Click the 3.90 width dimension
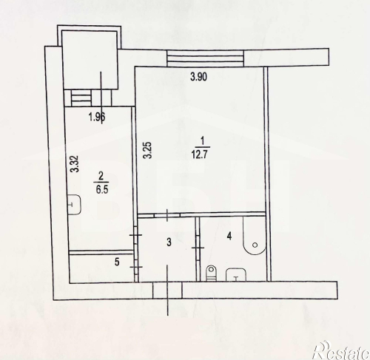(198, 77)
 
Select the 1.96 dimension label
(97, 117)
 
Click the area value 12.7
(201, 155)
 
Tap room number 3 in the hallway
(169, 242)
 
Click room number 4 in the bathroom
(229, 237)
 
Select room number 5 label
(117, 262)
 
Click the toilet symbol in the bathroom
(211, 273)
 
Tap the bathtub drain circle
(255, 245)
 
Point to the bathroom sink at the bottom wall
(236, 275)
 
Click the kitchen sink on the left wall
(75, 205)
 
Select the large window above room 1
(205, 58)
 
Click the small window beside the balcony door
(81, 98)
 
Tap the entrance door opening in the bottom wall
(168, 291)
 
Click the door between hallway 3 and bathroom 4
(198, 248)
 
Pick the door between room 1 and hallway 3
(167, 215)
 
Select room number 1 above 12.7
(202, 142)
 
